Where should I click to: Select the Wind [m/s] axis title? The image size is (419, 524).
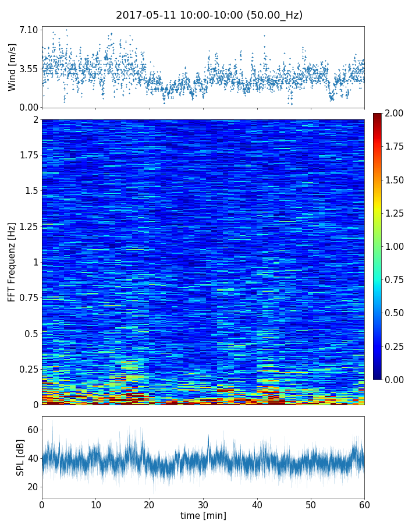(x=12, y=69)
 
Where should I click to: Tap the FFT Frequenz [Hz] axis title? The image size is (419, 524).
(x=12, y=261)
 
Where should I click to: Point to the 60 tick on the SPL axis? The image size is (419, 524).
(x=33, y=430)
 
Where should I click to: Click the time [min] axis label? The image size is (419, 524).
(x=203, y=515)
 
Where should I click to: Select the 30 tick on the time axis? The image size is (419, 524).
(x=203, y=503)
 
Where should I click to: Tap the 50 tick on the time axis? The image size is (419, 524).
(x=311, y=503)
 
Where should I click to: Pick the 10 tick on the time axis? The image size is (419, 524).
(x=95, y=503)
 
